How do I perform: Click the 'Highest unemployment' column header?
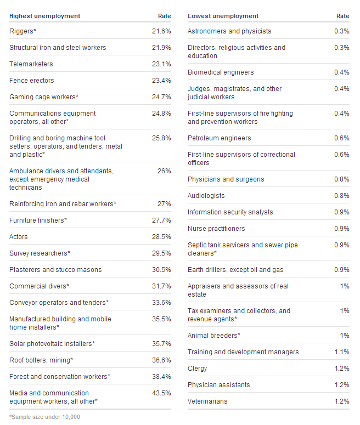tap(44, 16)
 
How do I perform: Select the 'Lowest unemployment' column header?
tap(223, 16)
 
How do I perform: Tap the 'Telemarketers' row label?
tap(31, 64)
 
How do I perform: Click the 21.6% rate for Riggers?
tap(161, 31)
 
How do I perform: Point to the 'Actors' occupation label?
tap(19, 237)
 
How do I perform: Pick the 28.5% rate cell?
tap(161, 237)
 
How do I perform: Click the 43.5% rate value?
tap(161, 393)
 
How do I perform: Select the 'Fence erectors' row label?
tap(32, 81)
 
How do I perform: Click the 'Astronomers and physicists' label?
tap(229, 31)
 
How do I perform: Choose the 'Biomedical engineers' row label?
tap(221, 72)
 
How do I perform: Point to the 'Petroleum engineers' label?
tap(219, 138)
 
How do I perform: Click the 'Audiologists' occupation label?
tap(206, 196)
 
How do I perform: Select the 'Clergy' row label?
tap(198, 369)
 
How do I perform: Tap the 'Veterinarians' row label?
tap(207, 401)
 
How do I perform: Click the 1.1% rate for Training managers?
tap(341, 352)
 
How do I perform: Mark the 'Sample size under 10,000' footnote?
tap(44, 417)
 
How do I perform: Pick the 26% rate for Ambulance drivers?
tap(164, 171)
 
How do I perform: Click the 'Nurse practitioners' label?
tap(216, 229)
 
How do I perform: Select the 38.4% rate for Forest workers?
tap(161, 377)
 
